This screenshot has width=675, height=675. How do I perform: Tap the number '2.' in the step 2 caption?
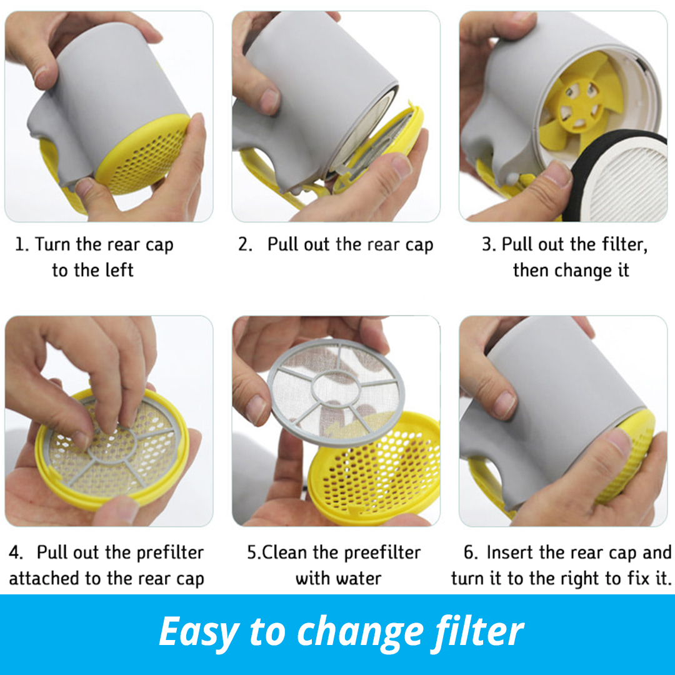point(245,244)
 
